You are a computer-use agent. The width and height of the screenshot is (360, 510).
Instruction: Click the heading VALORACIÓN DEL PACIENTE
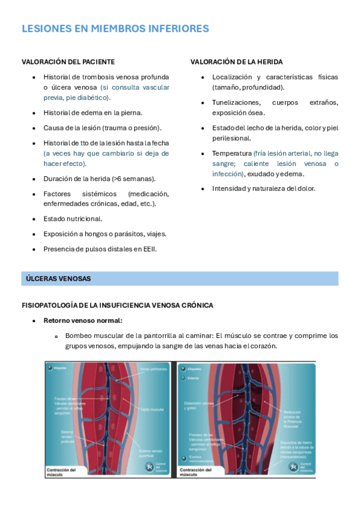(68, 62)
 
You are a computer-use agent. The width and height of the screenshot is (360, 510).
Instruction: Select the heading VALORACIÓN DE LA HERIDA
(236, 62)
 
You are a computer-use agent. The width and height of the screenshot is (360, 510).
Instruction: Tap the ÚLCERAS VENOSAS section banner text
(58, 278)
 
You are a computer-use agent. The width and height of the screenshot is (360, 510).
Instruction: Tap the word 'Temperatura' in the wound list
(231, 154)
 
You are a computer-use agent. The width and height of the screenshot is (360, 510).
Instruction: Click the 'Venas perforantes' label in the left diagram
(153, 369)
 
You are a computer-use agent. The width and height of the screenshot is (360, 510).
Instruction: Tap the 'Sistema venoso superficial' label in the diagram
(152, 453)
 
